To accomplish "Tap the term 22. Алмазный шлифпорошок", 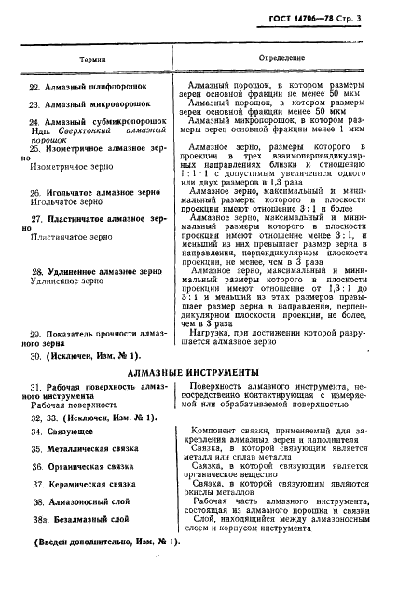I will click(x=86, y=87).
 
